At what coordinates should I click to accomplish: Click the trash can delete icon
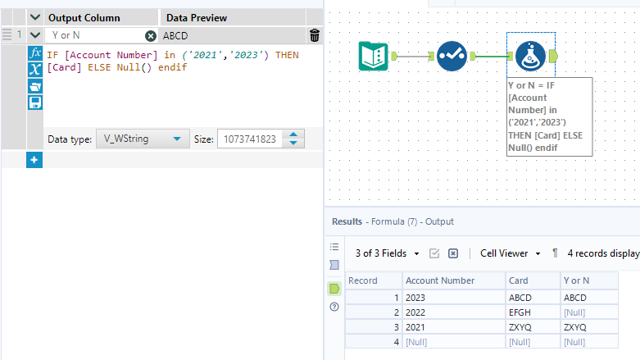click(315, 35)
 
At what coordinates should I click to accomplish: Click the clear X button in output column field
click(151, 36)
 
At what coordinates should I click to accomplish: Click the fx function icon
click(35, 53)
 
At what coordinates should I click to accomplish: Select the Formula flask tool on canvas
click(531, 56)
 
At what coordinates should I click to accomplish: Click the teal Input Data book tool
click(374, 56)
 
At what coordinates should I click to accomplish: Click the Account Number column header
click(440, 280)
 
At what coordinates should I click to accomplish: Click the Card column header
click(519, 280)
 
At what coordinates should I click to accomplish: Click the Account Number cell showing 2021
click(417, 327)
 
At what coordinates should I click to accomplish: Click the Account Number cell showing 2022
click(417, 312)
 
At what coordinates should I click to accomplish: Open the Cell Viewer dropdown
click(511, 253)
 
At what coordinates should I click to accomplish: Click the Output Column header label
click(84, 17)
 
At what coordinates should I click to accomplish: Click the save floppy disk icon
click(35, 103)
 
